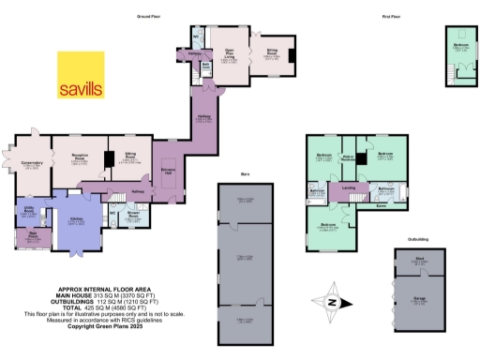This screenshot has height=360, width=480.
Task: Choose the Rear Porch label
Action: point(33,234)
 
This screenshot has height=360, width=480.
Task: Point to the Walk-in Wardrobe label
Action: point(347,158)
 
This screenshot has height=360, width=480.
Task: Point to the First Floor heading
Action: point(368,17)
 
